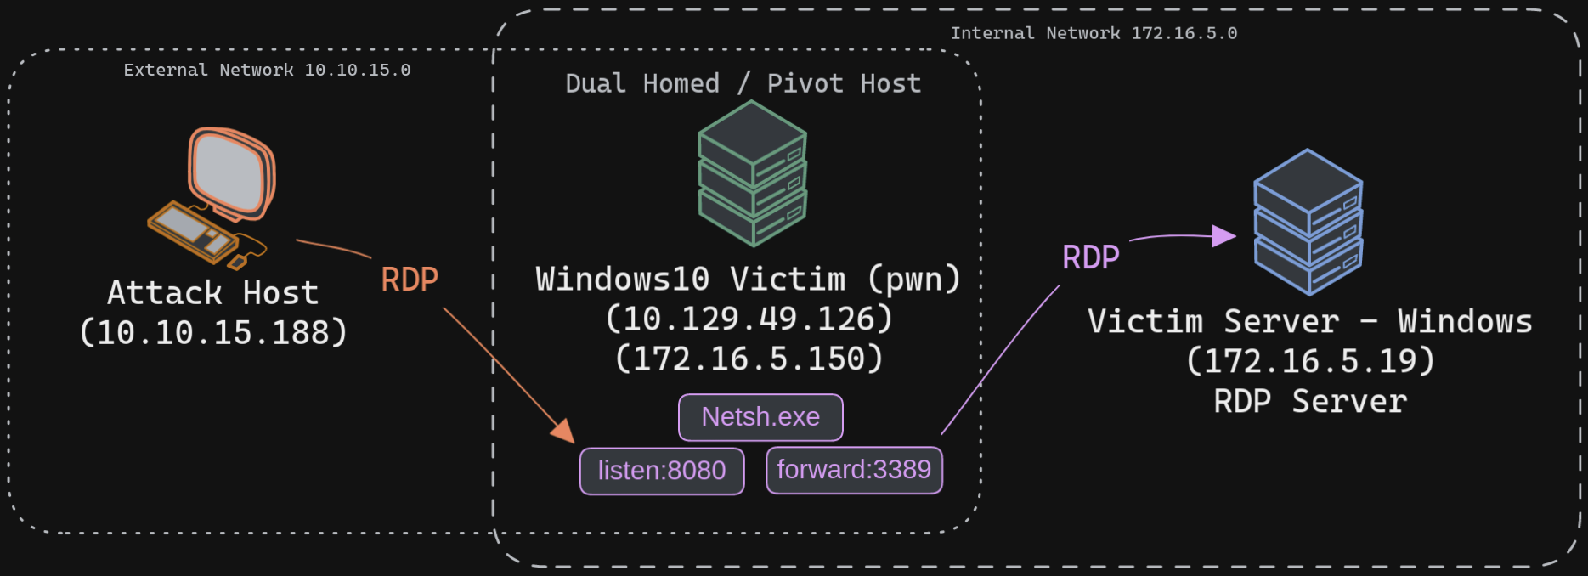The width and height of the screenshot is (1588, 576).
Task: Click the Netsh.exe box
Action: [760, 417]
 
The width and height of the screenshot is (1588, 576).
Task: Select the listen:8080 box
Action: [662, 471]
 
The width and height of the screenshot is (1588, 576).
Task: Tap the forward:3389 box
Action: [854, 470]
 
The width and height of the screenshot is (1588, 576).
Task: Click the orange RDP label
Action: [410, 280]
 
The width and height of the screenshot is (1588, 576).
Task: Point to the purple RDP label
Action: [1091, 257]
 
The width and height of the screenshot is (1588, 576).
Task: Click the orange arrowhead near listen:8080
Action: [563, 431]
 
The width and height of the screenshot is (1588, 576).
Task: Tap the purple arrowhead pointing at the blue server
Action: [1223, 235]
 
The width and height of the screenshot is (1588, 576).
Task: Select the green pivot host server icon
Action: [752, 173]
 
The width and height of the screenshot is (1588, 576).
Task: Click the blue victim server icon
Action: [1308, 222]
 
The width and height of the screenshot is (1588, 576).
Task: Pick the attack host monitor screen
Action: [229, 172]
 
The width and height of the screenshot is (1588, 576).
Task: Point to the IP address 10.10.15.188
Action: [213, 333]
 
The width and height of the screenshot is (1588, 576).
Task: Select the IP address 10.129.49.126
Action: [749, 319]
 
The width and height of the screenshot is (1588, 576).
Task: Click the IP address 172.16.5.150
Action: [749, 359]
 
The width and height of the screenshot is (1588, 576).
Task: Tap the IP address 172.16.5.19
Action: [1310, 362]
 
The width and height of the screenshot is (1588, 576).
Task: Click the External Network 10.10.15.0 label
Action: [267, 70]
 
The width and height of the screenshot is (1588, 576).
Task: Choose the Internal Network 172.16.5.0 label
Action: [1094, 33]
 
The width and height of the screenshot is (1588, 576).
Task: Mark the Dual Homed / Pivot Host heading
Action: [743, 83]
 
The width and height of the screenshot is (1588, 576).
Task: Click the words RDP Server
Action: [1310, 402]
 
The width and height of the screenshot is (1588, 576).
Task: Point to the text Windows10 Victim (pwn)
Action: [749, 280]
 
